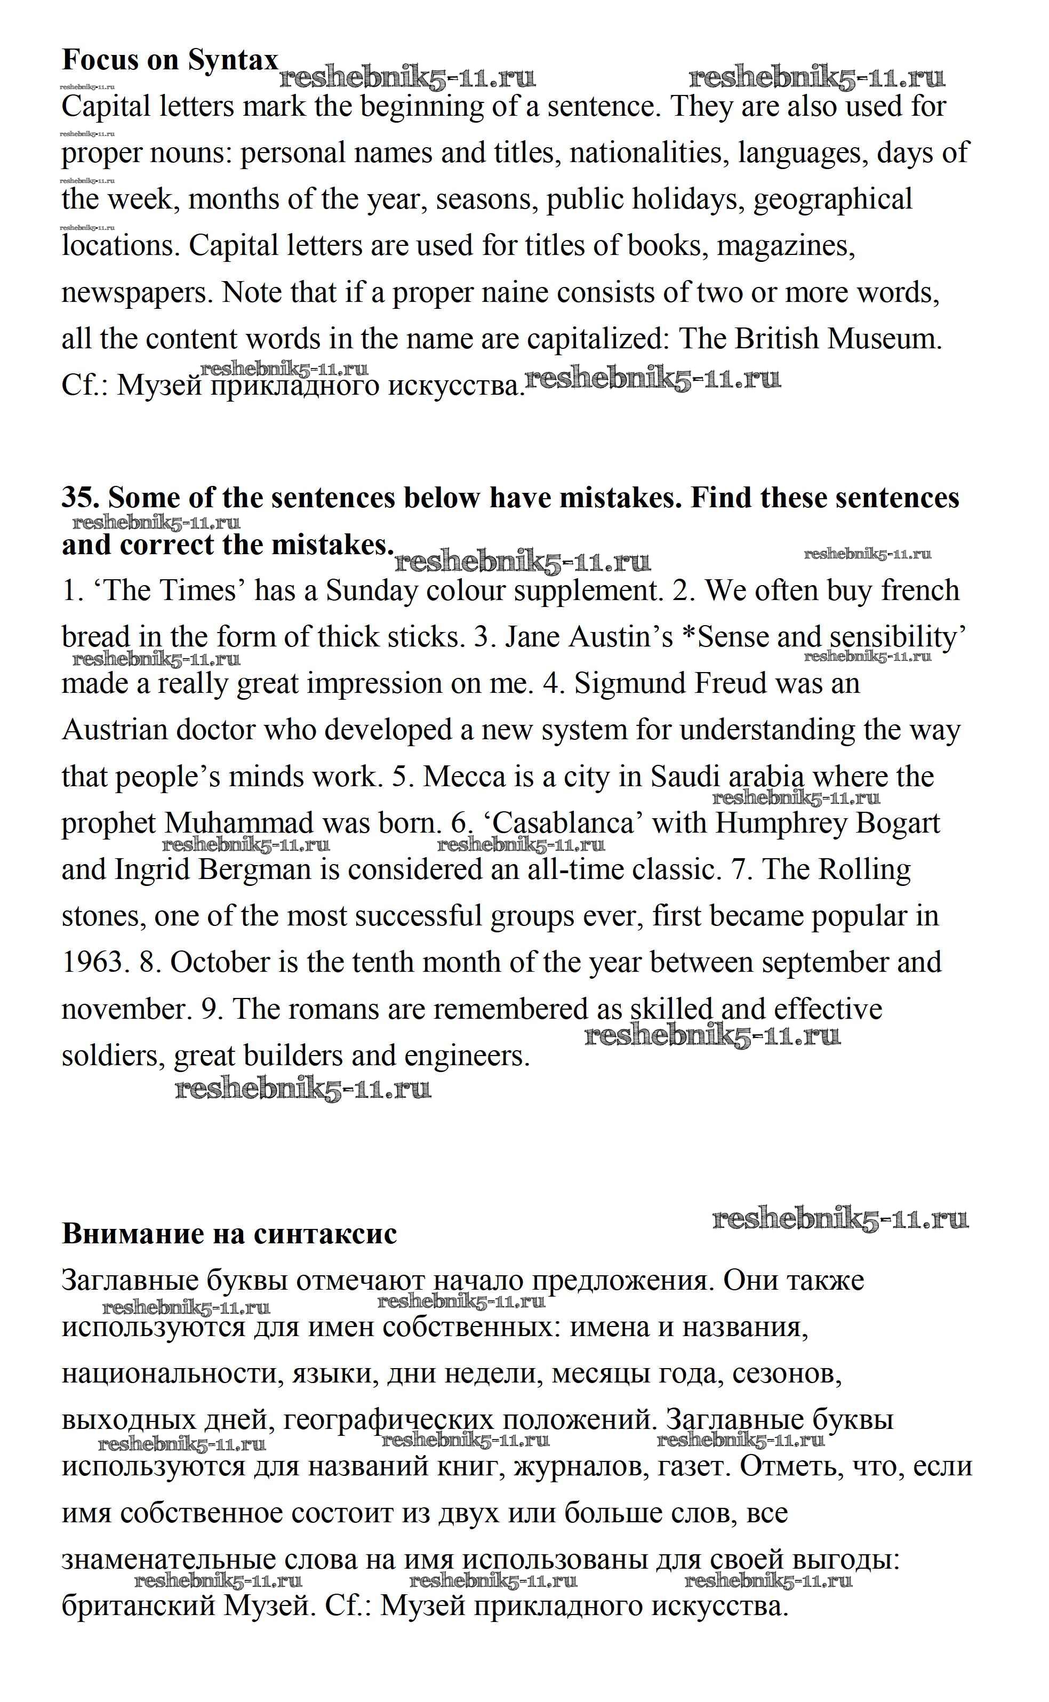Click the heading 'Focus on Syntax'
pyautogui.click(x=170, y=60)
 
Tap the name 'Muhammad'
pyautogui.click(x=239, y=824)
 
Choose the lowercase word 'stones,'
pyautogui.click(x=103, y=916)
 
